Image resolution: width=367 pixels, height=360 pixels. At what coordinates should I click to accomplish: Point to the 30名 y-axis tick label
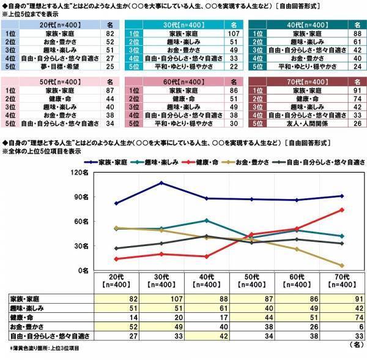[84, 246]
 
